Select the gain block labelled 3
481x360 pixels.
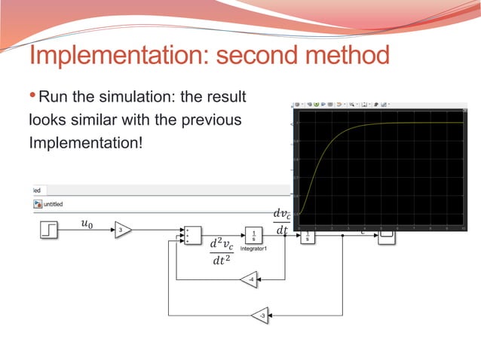tap(122, 230)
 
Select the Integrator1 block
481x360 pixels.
tap(253, 234)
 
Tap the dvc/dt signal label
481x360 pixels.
tap(282, 224)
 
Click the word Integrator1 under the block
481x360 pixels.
tap(253, 248)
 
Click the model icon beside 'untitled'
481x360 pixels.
tap(37, 203)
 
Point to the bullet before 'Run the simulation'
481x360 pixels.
tap(32, 97)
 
